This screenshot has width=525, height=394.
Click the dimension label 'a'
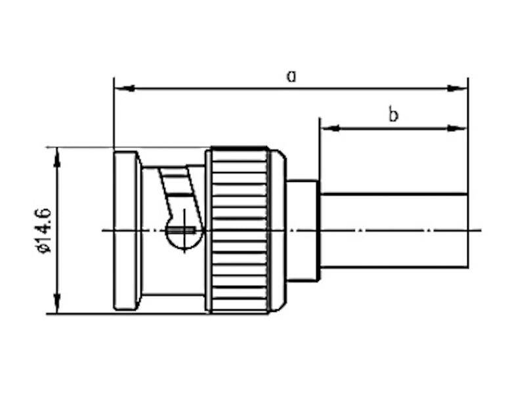click(291, 76)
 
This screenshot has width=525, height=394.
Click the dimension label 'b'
click(393, 116)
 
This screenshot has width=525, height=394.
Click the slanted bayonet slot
click(178, 190)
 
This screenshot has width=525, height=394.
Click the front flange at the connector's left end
click(126, 230)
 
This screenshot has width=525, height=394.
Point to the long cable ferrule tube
click(394, 230)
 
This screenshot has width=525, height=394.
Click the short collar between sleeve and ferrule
click(303, 230)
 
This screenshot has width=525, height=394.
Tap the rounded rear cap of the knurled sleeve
click(278, 230)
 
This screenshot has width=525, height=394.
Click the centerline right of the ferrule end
click(475, 230)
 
